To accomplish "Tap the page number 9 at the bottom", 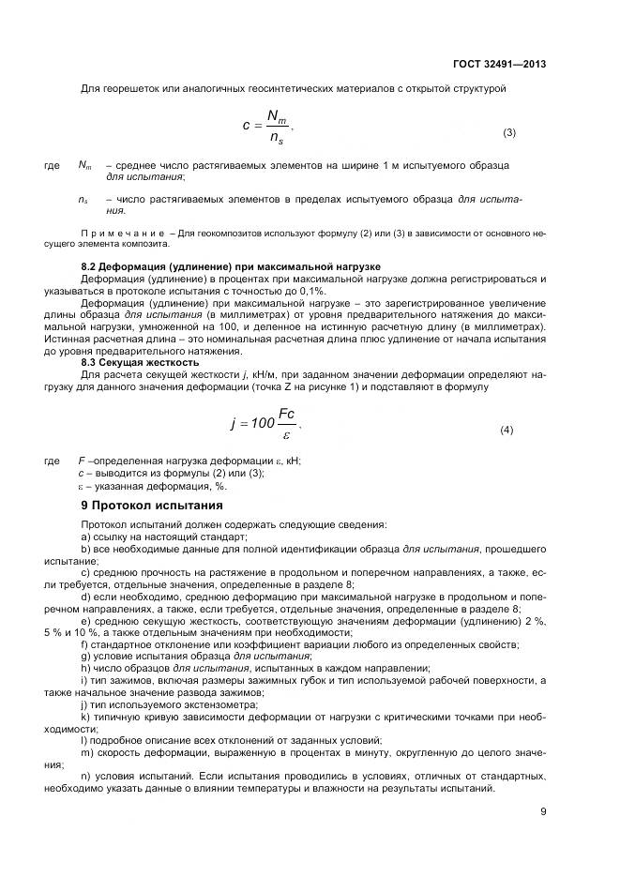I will (543, 812).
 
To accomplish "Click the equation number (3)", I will (509, 132).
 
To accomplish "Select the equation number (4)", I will (507, 430).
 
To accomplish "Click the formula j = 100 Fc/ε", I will (268, 423).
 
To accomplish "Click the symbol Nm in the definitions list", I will (84, 166).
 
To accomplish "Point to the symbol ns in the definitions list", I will (83, 200).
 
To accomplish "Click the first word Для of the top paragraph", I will (90, 89).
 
